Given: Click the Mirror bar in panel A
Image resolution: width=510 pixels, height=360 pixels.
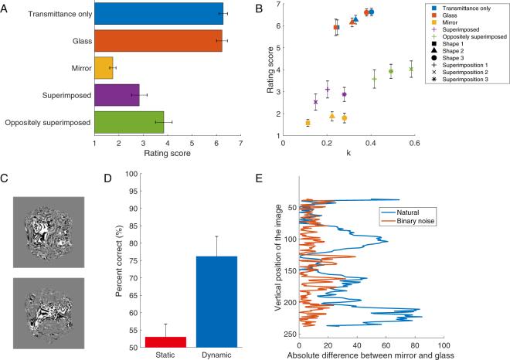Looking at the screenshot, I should point(104,68).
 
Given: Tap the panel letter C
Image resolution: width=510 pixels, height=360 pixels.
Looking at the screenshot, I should point(5,179).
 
